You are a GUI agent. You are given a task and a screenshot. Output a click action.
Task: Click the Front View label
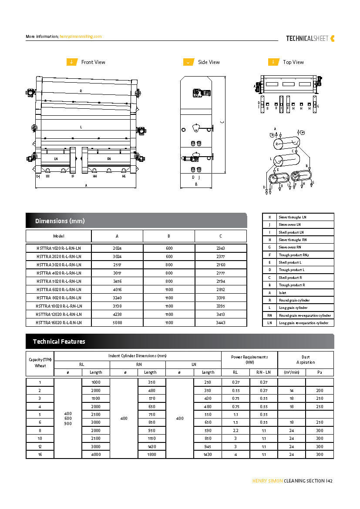[93, 62]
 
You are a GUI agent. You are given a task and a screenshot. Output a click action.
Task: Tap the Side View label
[209, 62]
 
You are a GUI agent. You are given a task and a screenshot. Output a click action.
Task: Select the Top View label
[293, 62]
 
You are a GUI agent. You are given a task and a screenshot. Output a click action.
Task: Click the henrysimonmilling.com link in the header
[81, 37]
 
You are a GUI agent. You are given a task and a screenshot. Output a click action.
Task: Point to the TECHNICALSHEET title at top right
[307, 38]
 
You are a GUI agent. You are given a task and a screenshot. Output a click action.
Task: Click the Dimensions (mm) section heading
[60, 221]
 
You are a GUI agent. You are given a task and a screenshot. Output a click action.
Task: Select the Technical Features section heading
[59, 342]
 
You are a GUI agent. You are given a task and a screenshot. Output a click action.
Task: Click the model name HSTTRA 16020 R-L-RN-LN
[59, 322]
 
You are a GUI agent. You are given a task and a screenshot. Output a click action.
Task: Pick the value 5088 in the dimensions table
[117, 322]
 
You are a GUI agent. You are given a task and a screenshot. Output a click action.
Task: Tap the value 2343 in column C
[220, 248]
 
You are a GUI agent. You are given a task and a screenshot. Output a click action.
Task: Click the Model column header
[59, 236]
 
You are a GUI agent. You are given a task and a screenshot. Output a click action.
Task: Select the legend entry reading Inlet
[283, 293]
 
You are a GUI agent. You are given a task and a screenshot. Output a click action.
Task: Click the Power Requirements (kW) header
[249, 359]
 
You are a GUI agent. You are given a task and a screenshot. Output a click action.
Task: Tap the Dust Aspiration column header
[306, 359]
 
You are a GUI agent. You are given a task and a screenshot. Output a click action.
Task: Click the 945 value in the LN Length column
[208, 446]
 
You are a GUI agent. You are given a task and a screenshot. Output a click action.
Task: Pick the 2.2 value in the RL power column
[236, 430]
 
